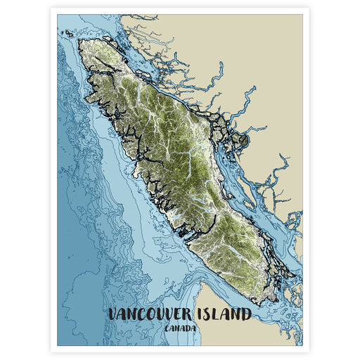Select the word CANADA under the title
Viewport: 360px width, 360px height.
(x=180, y=328)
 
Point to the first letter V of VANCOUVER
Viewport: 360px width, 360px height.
(x=115, y=314)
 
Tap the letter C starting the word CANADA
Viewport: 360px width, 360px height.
(x=165, y=328)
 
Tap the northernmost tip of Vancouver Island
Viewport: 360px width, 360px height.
(x=83, y=41)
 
